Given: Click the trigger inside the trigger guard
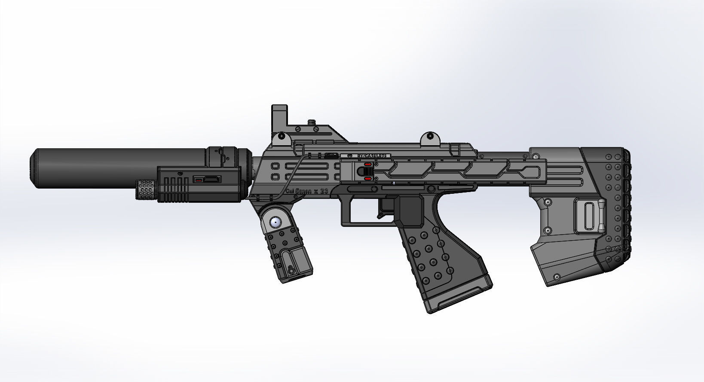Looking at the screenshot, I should pyautogui.click(x=381, y=210).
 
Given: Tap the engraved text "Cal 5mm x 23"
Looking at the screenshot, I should pyautogui.click(x=307, y=191).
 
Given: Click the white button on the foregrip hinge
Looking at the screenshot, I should pyautogui.click(x=275, y=222).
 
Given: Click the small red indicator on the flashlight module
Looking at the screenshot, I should pyautogui.click(x=199, y=181).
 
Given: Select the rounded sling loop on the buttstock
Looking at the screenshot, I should pyautogui.click(x=588, y=216).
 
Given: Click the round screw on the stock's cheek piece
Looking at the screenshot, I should pyautogui.click(x=548, y=202).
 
